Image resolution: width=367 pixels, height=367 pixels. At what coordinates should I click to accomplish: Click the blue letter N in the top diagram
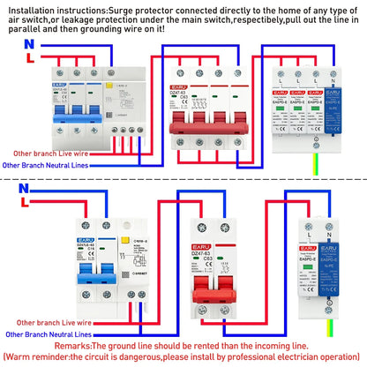coord(29,43)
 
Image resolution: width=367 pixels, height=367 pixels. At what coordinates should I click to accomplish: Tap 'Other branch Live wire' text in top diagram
coord(49,152)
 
